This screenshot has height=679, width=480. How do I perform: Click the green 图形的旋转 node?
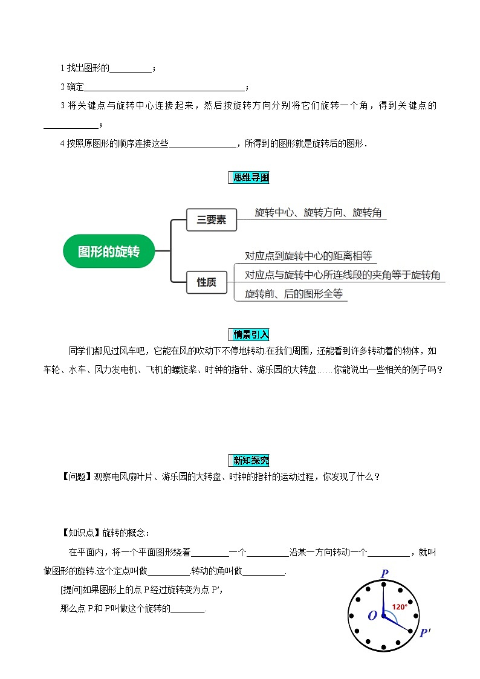[x=109, y=251]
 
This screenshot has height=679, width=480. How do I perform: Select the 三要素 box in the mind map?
[x=211, y=220]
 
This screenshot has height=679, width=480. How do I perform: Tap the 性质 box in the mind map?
[x=207, y=282]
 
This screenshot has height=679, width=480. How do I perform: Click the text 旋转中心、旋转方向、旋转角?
[x=318, y=212]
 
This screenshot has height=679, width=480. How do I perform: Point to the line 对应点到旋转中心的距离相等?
[x=311, y=256]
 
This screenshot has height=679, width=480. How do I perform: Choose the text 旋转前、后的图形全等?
[x=294, y=294]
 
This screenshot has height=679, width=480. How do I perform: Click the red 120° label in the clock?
[x=399, y=606]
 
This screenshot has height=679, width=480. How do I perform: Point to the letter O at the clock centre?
[x=372, y=616]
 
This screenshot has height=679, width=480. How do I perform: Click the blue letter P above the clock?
[x=384, y=573]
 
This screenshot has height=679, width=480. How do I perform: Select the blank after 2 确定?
[x=164, y=87]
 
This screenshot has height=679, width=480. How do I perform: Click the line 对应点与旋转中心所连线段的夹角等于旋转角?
[x=342, y=275]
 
